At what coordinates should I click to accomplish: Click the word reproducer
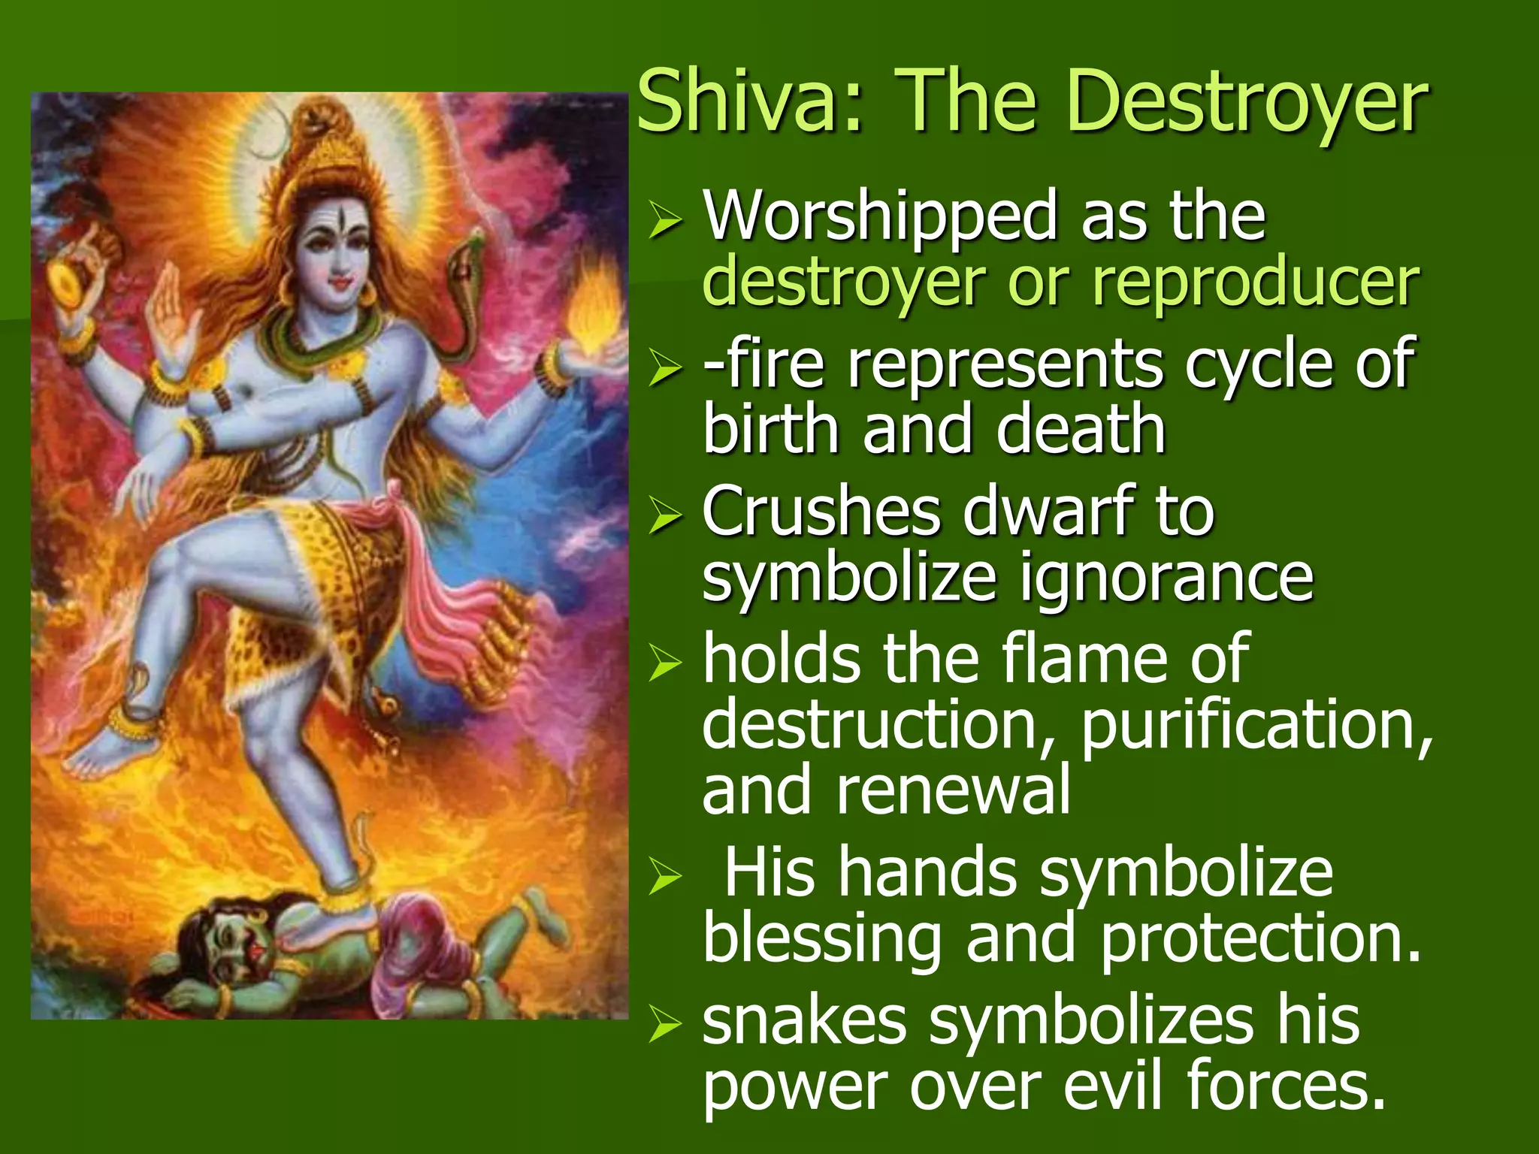click(x=1255, y=284)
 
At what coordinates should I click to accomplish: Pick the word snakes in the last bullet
click(x=805, y=1022)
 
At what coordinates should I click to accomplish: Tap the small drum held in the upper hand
click(x=75, y=278)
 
